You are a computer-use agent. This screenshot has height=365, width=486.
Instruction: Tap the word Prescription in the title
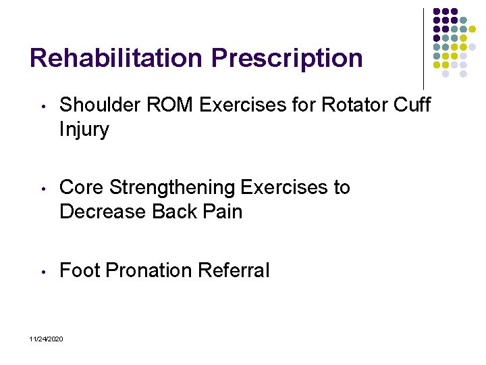(286, 58)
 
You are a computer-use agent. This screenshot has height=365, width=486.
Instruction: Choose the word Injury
(84, 130)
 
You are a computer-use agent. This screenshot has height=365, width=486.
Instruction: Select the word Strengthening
(171, 188)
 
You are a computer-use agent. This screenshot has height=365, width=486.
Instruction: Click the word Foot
(80, 270)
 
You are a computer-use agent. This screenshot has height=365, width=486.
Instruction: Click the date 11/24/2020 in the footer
(47, 338)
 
